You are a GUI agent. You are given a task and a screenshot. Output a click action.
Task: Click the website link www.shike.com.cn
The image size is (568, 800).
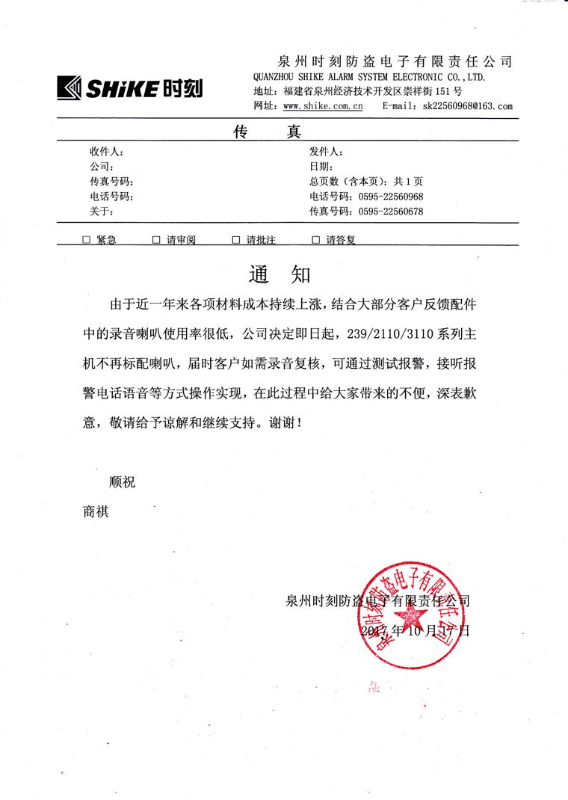(x=322, y=107)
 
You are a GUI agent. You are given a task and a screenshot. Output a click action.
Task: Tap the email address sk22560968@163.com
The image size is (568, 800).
(x=467, y=107)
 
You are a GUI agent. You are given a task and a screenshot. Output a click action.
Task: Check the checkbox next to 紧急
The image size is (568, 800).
(x=86, y=240)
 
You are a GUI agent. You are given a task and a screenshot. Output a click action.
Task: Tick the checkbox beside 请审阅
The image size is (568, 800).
(x=156, y=240)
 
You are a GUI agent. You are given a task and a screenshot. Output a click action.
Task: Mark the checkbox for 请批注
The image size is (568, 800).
(x=235, y=240)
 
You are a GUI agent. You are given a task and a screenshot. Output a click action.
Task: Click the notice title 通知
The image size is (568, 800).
(x=280, y=274)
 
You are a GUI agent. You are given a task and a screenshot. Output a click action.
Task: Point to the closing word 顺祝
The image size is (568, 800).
(x=123, y=482)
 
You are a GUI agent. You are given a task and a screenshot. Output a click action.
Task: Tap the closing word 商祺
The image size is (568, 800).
(x=96, y=512)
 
